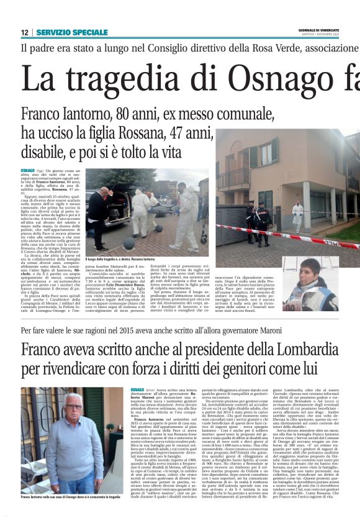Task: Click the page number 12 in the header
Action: pyautogui.click(x=24, y=32)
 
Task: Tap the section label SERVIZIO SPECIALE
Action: pyautogui.click(x=72, y=32)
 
